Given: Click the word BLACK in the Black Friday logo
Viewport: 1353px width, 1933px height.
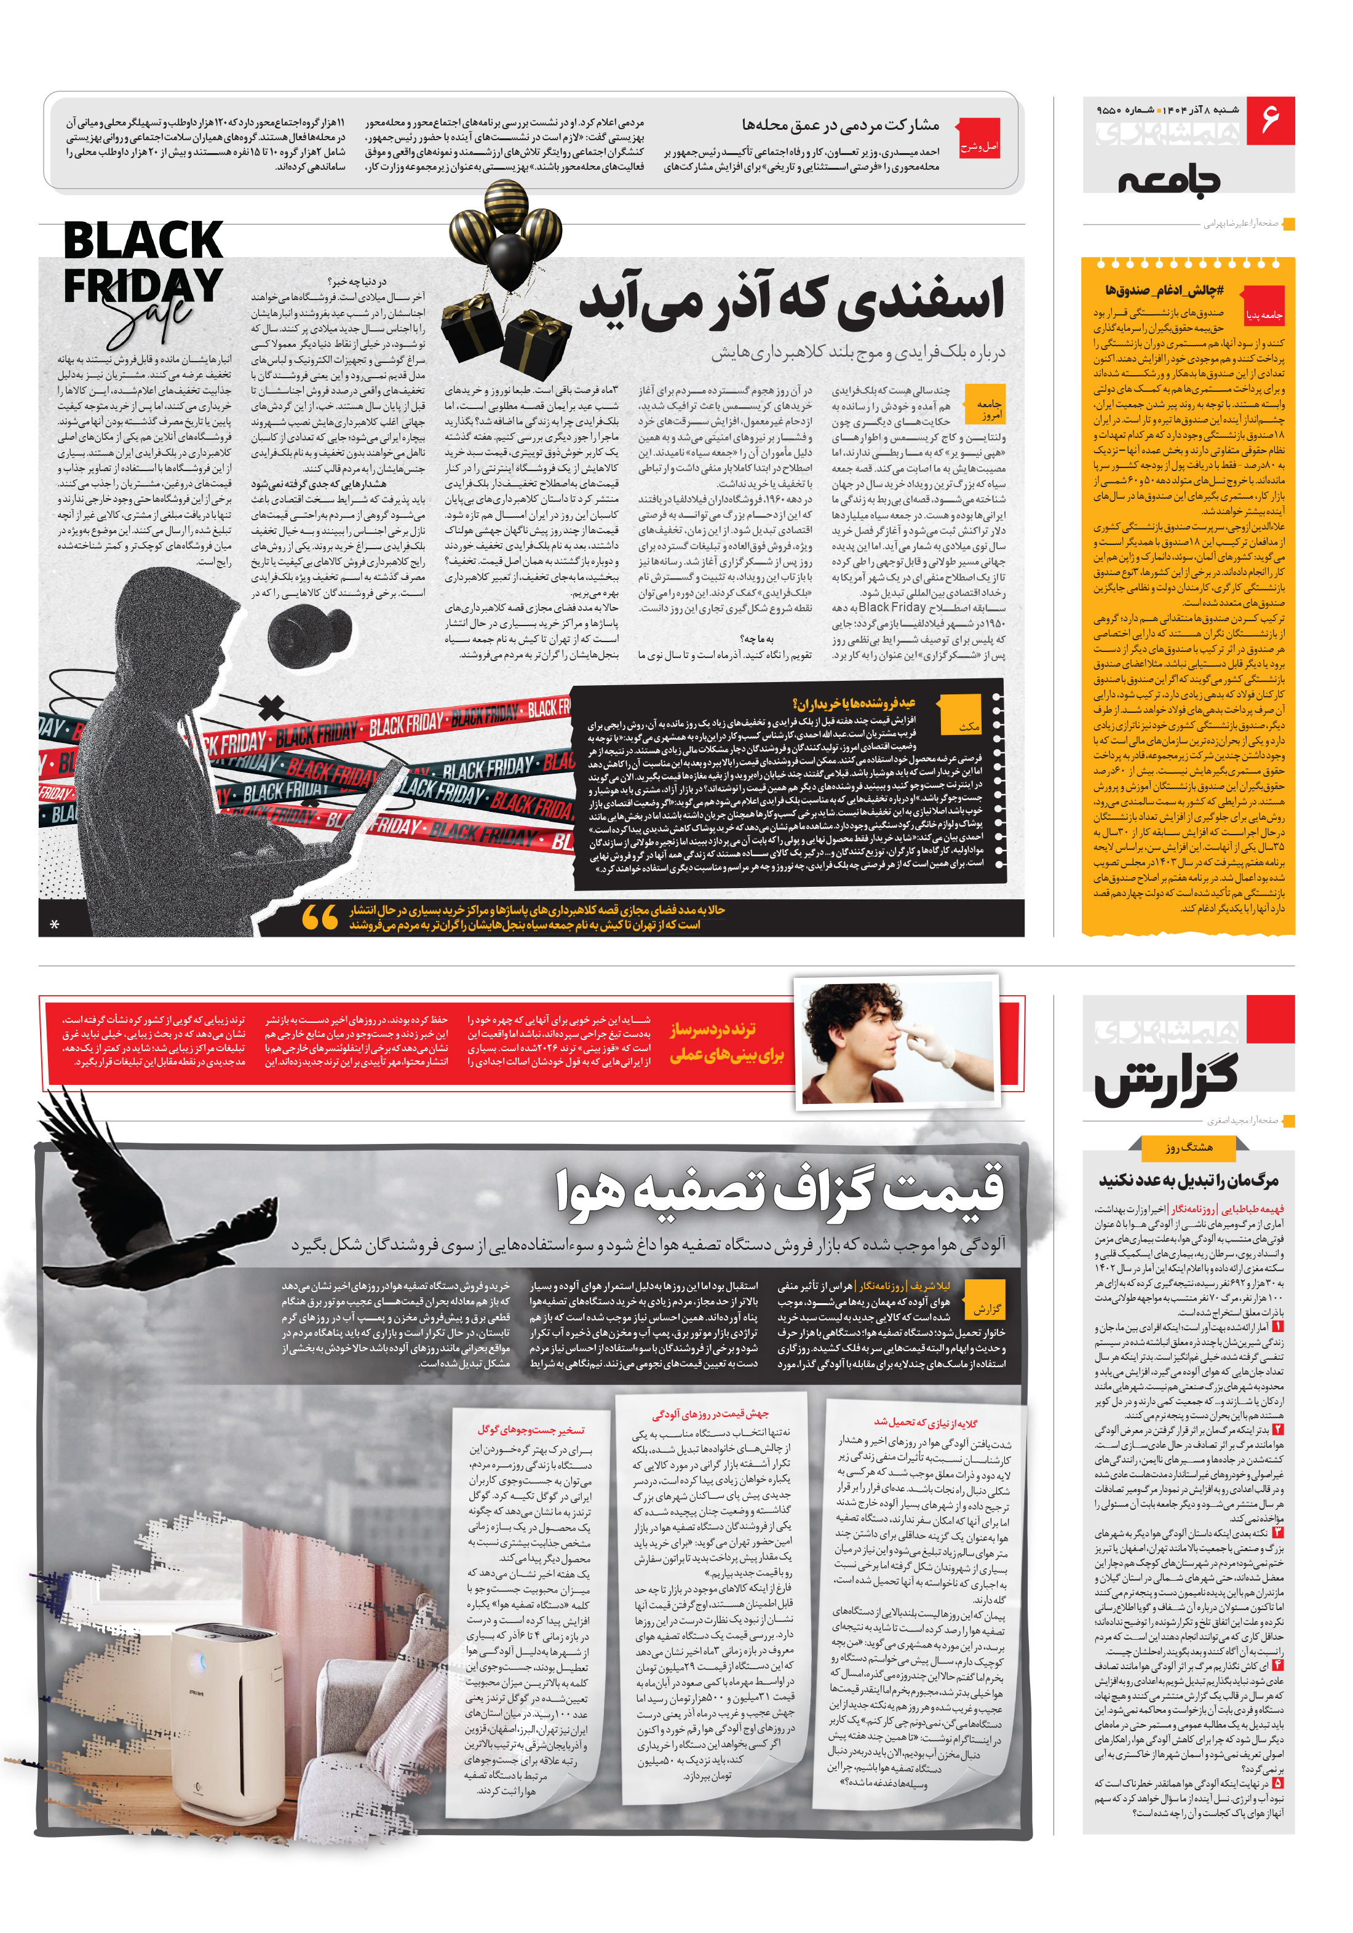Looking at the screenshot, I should pos(143,241).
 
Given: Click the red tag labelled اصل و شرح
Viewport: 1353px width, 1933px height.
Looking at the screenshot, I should pos(979,146).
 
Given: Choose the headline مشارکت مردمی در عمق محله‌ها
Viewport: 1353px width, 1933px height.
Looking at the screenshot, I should pos(839,125).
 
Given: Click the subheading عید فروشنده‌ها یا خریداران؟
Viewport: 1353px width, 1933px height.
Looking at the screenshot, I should pos(854,702).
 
